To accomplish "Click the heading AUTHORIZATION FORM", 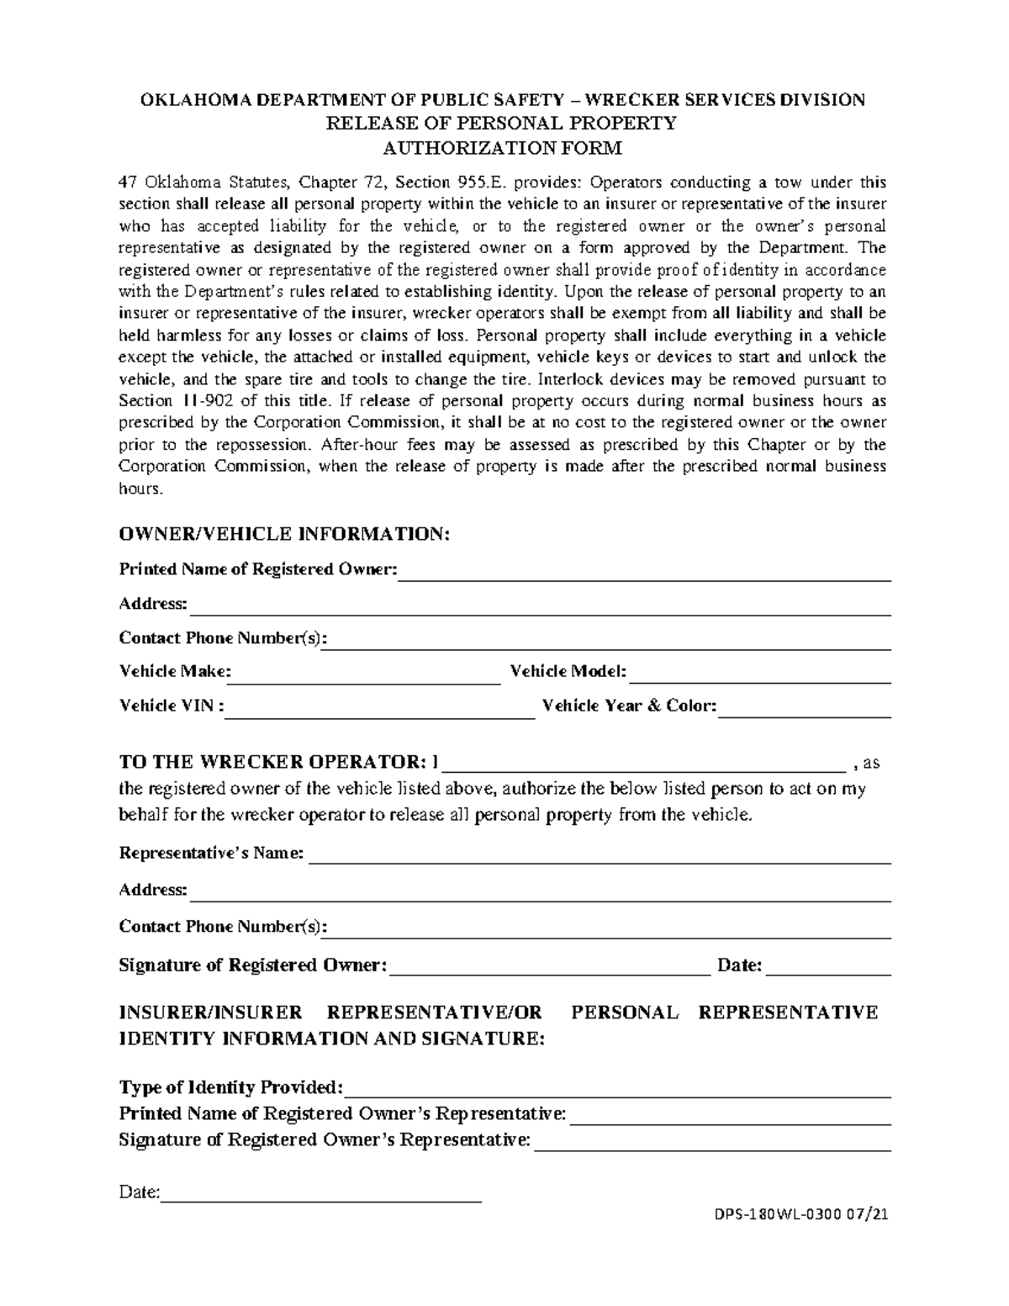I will (x=502, y=149).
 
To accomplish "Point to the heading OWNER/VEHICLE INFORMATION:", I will (x=285, y=534).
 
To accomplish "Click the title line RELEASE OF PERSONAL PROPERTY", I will (x=501, y=124).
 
